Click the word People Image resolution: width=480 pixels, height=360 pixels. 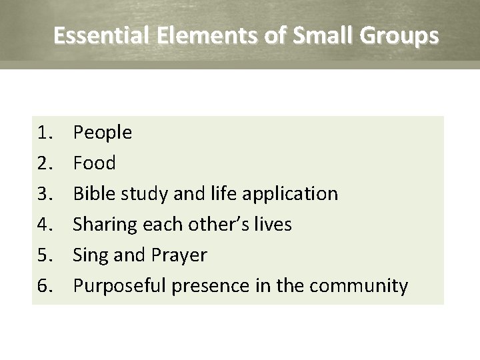103,133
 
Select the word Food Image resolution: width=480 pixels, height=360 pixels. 94,163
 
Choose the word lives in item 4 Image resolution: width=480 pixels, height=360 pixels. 273,225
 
